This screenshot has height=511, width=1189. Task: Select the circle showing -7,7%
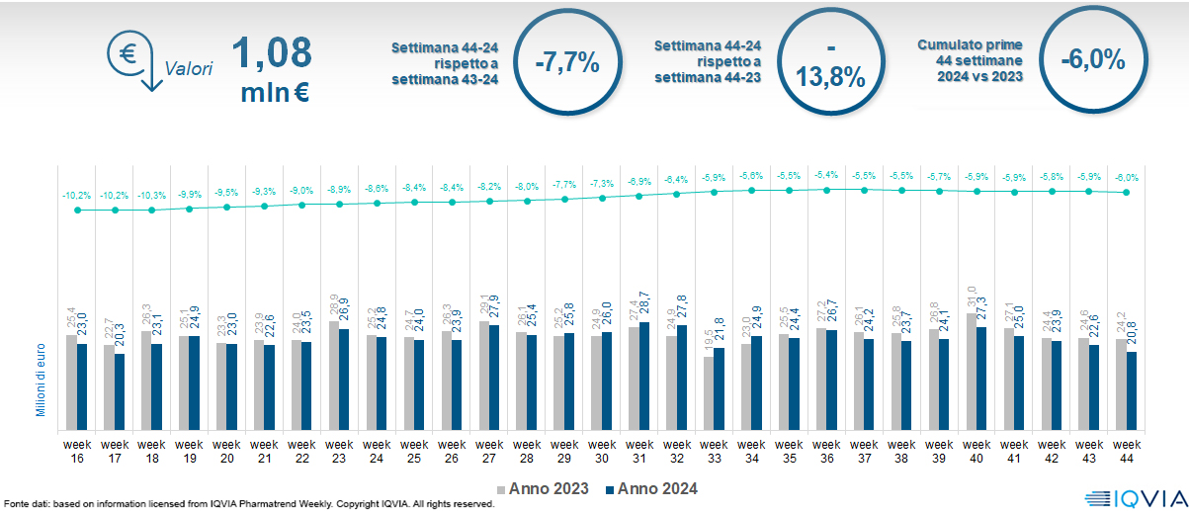coord(567,62)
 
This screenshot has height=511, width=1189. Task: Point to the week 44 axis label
coord(1127,451)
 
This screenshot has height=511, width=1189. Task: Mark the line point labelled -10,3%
coord(152,210)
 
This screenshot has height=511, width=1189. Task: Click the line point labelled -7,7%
coord(564,200)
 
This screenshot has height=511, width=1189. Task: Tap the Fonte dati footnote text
coord(247,504)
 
